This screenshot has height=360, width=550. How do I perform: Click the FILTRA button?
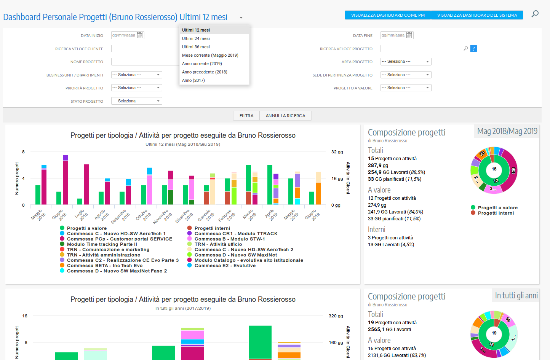(246, 116)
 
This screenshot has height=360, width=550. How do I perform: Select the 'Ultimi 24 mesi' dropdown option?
(196, 38)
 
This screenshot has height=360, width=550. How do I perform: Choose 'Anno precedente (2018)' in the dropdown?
(205, 72)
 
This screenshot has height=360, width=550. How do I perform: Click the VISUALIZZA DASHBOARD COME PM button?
(388, 15)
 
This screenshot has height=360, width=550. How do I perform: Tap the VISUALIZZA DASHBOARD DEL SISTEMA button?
(477, 15)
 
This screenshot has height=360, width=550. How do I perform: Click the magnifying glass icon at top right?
(535, 14)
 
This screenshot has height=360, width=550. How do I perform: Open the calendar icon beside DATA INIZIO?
(140, 35)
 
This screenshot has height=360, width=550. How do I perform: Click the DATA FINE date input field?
(393, 35)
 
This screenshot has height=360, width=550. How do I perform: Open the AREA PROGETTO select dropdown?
(406, 62)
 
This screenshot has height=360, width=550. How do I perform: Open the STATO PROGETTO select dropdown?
(136, 101)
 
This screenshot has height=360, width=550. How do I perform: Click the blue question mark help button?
(474, 48)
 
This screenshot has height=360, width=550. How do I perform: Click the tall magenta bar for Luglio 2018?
(86, 184)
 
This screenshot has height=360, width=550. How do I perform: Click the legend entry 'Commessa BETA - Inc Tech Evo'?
(105, 266)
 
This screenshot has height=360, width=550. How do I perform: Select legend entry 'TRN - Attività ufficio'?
(218, 244)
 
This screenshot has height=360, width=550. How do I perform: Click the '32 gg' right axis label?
(337, 152)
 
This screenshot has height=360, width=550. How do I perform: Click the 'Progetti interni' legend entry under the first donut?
(496, 213)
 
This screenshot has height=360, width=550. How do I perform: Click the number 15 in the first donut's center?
(494, 169)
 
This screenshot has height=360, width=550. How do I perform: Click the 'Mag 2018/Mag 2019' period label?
(507, 131)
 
